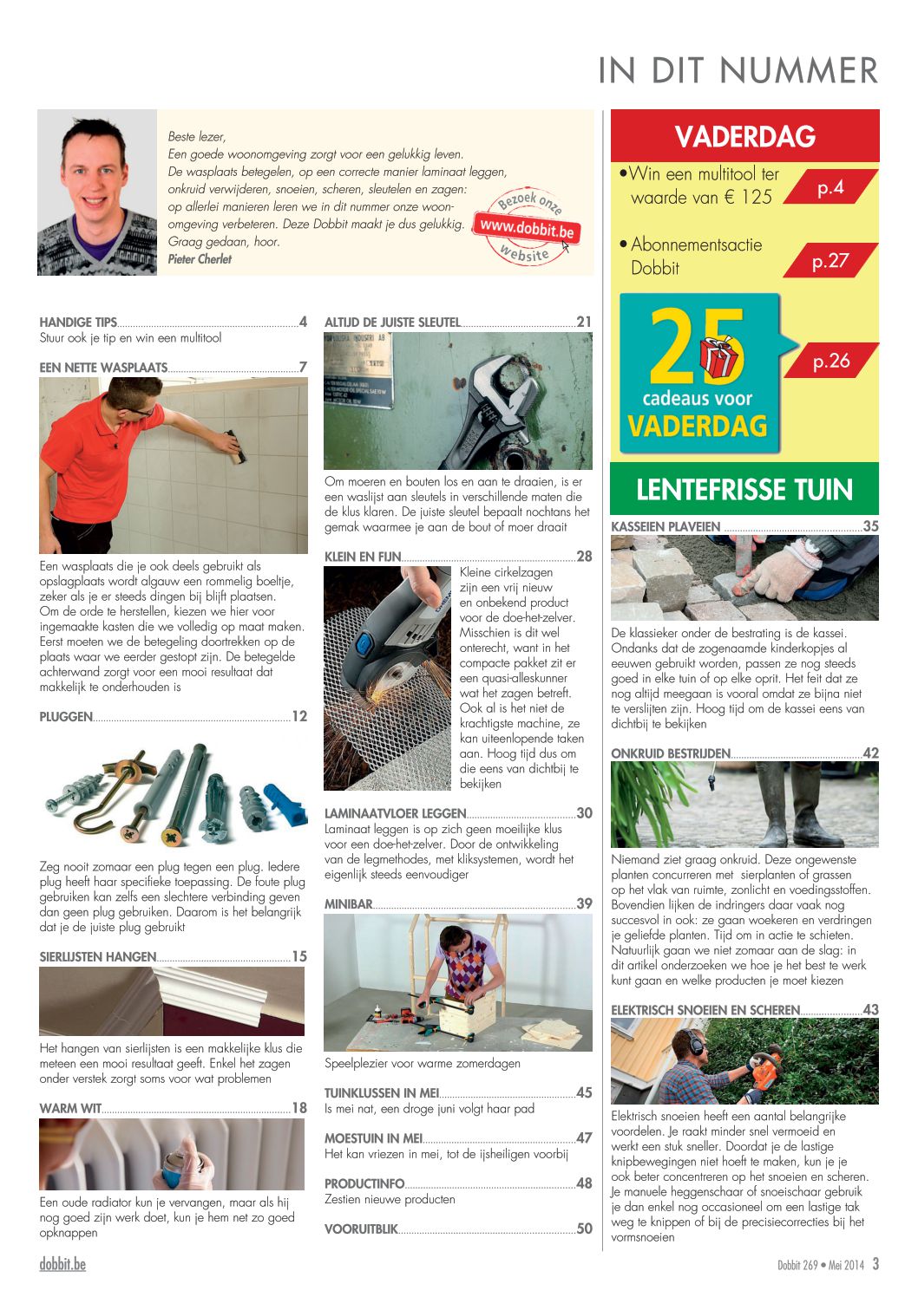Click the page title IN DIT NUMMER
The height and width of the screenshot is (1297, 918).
[738, 70]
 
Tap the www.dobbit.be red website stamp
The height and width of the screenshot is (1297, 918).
[527, 229]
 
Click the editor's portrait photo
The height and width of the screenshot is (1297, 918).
[97, 192]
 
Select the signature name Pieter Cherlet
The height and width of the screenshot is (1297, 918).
[200, 259]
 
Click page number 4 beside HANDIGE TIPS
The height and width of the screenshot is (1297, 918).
[303, 323]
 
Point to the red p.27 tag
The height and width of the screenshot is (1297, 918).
[829, 261]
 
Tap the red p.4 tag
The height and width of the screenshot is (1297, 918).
[829, 187]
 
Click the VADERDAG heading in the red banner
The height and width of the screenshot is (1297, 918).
[744, 137]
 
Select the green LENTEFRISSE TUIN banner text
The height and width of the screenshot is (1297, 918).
[744, 490]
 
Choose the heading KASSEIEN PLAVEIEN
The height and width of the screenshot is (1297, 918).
[666, 526]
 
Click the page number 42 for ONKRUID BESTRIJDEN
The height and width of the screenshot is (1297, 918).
[870, 753]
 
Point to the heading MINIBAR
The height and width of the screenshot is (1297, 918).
[348, 904]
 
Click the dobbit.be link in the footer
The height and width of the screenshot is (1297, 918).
[62, 1264]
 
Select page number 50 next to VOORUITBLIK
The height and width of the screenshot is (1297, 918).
[585, 1229]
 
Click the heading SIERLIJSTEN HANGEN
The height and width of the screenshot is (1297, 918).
[98, 957]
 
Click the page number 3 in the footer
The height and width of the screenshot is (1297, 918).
[875, 1264]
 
